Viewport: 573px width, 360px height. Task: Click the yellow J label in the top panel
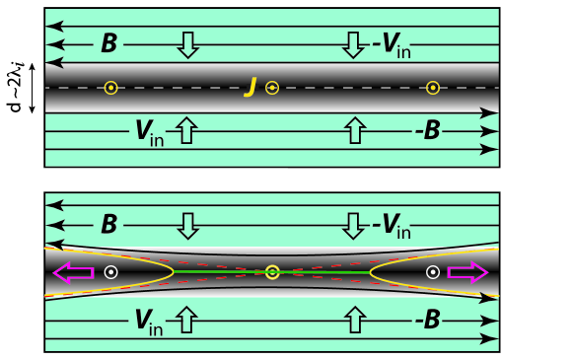pos(251,89)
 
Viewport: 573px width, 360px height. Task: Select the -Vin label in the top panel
pos(391,43)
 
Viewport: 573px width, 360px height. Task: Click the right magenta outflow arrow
pos(466,271)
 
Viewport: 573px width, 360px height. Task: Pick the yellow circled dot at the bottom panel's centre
pos(272,271)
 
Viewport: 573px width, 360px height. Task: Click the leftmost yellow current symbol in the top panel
pos(110,88)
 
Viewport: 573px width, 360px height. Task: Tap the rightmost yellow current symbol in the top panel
pos(432,88)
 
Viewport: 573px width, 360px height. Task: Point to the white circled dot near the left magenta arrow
pos(111,271)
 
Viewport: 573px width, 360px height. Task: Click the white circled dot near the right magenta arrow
pos(432,271)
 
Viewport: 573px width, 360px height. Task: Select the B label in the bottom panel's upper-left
pos(108,225)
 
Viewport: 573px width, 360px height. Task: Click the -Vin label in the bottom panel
pos(391,226)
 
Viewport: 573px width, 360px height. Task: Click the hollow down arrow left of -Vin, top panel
pos(352,43)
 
